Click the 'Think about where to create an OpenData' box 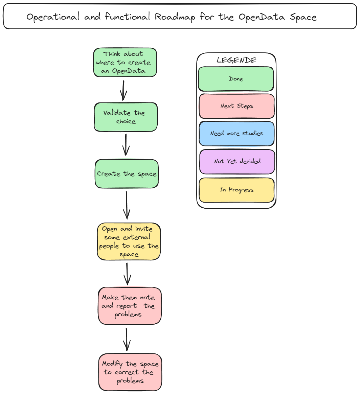(125, 63)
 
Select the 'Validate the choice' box (126, 117)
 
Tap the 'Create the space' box (127, 174)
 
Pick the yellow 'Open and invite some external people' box (129, 241)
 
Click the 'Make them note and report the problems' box (130, 306)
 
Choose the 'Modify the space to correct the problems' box (130, 372)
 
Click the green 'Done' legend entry (236, 79)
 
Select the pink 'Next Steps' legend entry (237, 106)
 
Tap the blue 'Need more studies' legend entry (237, 134)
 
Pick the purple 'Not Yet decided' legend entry (237, 162)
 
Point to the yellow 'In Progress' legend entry (236, 190)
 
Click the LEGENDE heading (236, 60)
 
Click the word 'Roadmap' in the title (175, 17)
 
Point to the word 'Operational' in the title (53, 17)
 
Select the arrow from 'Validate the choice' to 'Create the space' (126, 145)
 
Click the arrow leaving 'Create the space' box (127, 205)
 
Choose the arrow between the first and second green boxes (123, 90)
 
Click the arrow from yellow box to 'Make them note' (127, 274)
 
